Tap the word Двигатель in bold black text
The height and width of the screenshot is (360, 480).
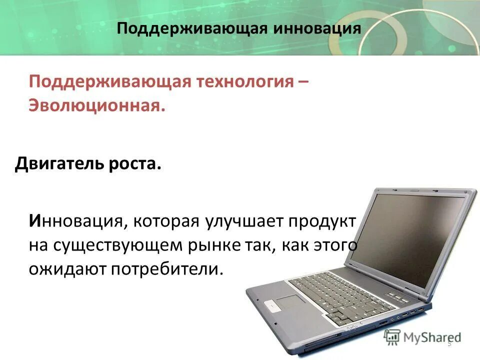pyautogui.click(x=61, y=164)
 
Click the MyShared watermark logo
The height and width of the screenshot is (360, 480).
pyautogui.click(x=423, y=337)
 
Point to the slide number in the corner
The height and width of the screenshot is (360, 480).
pyautogui.click(x=449, y=343)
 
